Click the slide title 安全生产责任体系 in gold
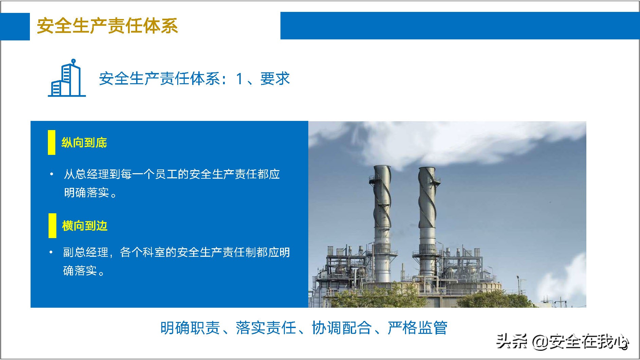coord(107,26)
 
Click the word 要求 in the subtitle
coord(275,79)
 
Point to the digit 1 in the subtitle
coord(239,79)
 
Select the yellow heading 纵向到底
coord(84,143)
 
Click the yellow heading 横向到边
coord(85,226)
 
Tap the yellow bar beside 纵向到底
coord(52,143)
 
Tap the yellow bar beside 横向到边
coord(52,226)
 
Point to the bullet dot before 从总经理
coord(52,174)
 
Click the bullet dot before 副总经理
coord(51,252)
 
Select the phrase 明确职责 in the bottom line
coord(190,328)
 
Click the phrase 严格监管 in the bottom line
coord(417,328)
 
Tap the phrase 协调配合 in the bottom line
coord(341,328)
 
